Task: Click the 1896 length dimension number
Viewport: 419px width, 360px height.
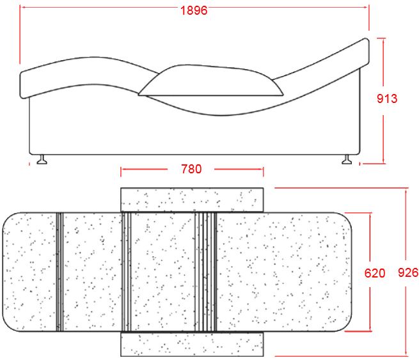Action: tap(194, 11)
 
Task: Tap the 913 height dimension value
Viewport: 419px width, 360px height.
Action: tap(387, 98)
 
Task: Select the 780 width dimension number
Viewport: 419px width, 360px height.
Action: tap(191, 169)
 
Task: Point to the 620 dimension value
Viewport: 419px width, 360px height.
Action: tap(375, 273)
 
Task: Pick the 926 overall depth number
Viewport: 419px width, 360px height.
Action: tap(408, 272)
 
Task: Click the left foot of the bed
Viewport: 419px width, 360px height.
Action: tap(42, 159)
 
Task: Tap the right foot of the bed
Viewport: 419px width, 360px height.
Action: tap(347, 159)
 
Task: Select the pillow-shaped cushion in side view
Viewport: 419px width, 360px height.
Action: tap(211, 81)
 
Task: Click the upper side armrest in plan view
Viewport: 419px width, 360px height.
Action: tap(192, 200)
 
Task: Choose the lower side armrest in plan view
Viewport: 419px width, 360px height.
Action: tap(192, 344)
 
